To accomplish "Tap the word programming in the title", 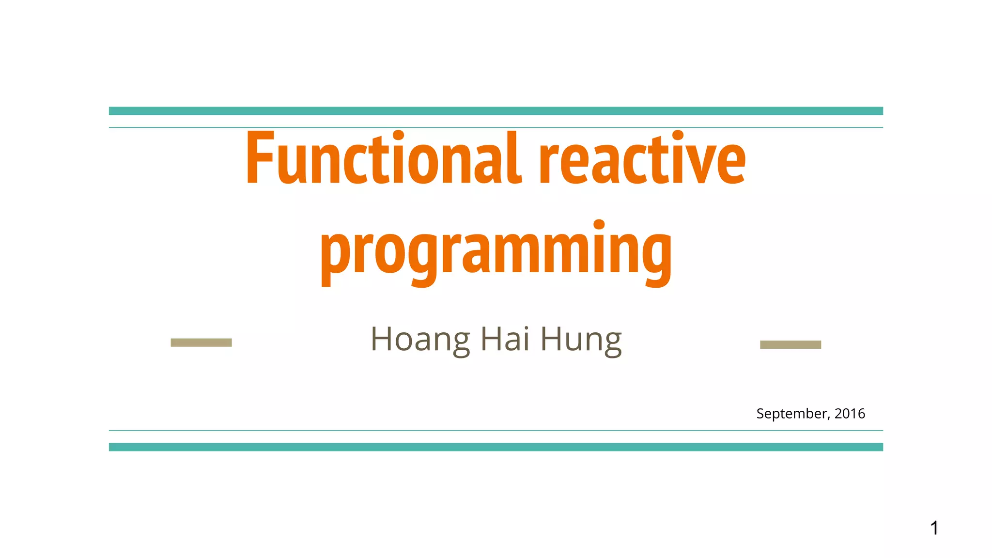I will [496, 252].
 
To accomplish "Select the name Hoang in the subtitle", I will [420, 340].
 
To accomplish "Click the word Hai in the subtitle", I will [504, 339].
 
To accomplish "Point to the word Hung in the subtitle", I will [581, 340].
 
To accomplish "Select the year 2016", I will [850, 413].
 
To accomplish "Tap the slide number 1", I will [934, 528].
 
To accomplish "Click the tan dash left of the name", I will [201, 342].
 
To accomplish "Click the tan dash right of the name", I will [790, 344].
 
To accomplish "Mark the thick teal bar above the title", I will [496, 111].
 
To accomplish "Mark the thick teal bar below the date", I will [496, 447].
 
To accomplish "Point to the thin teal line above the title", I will [496, 127].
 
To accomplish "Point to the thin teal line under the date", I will [496, 430].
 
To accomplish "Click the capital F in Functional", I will [260, 158].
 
